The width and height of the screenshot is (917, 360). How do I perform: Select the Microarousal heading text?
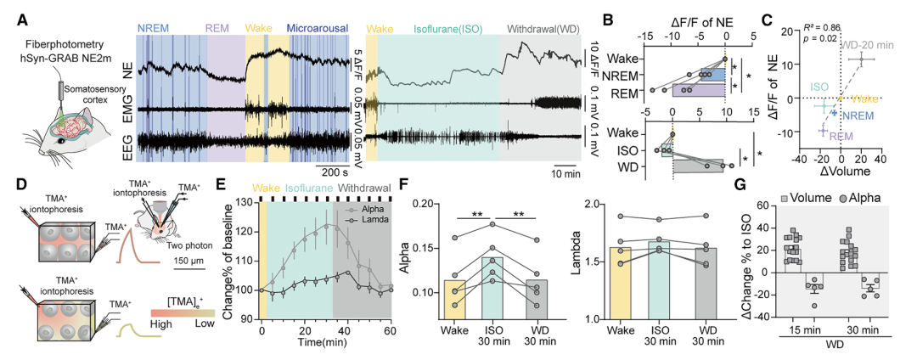click(318, 29)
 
